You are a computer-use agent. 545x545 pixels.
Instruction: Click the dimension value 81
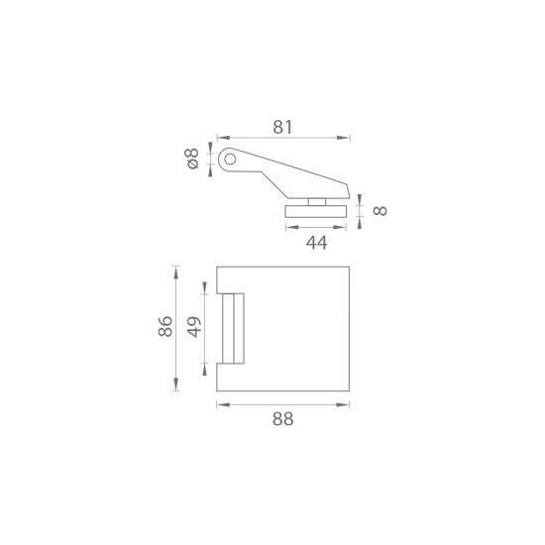tap(282, 127)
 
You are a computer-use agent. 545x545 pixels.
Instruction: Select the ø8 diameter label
tap(192, 159)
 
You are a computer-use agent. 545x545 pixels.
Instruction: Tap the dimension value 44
tap(316, 243)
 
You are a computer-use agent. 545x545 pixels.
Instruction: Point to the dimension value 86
tap(165, 326)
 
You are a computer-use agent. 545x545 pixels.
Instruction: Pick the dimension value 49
tap(194, 327)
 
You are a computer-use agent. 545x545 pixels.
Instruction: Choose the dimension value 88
tap(283, 419)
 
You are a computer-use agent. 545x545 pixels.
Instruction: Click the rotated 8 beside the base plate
tap(380, 211)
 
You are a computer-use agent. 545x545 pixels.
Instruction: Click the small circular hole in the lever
tap(230, 160)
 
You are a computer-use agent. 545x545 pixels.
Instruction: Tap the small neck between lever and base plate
tap(317, 202)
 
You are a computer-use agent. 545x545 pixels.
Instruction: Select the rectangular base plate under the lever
tap(315, 211)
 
